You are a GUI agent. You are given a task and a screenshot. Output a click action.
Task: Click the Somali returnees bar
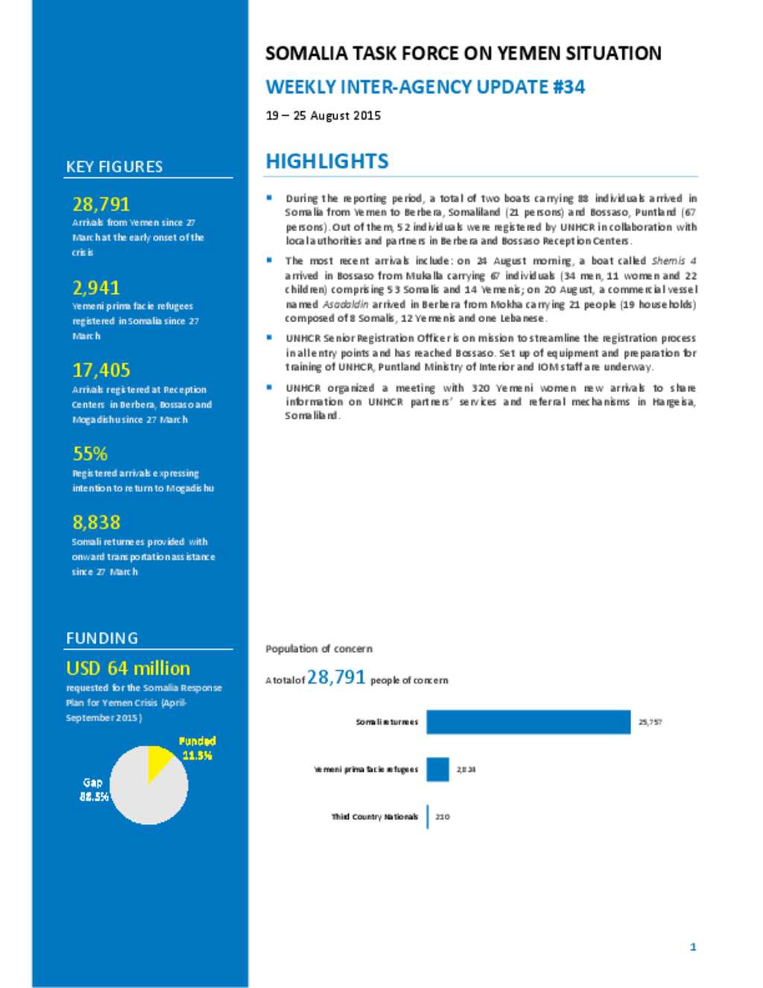(x=528, y=722)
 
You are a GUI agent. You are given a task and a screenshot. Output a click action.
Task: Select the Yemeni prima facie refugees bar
(x=438, y=770)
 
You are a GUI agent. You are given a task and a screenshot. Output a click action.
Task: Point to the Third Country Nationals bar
(x=428, y=816)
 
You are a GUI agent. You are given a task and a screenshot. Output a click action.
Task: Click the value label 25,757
(x=650, y=722)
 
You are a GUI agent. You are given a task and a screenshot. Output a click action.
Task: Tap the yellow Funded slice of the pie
(x=157, y=760)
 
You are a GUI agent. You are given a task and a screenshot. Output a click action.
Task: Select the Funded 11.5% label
(x=197, y=748)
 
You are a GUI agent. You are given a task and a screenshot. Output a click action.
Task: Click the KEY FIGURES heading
(x=114, y=167)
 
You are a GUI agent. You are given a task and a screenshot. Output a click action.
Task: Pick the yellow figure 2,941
(x=96, y=288)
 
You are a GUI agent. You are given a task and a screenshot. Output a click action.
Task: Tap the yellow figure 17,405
(x=101, y=371)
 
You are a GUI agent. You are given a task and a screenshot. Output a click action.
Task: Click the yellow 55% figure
(x=90, y=454)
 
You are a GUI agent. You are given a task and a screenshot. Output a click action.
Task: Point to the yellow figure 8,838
(x=96, y=523)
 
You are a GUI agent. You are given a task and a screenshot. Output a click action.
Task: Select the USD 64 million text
(x=128, y=668)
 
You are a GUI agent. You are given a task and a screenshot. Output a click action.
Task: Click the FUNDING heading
(x=102, y=638)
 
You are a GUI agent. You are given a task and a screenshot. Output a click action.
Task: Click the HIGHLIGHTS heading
(x=327, y=162)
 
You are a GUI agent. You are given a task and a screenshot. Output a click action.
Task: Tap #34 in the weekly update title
(x=569, y=87)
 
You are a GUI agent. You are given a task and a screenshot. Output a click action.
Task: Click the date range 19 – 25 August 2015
(x=323, y=116)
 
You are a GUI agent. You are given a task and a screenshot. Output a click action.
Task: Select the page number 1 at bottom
(x=693, y=947)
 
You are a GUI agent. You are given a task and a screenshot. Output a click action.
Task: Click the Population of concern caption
(x=319, y=649)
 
